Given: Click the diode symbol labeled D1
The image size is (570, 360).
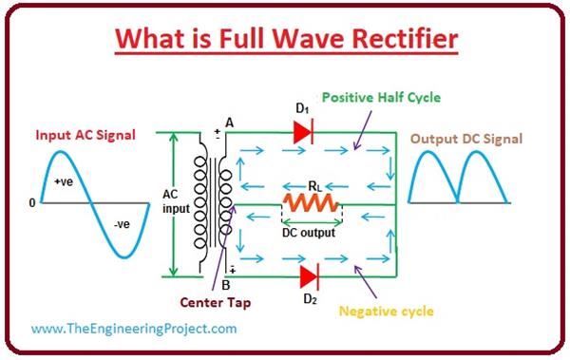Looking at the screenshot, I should pos(303,133).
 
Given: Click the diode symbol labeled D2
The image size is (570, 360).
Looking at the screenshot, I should pos(308,277).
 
